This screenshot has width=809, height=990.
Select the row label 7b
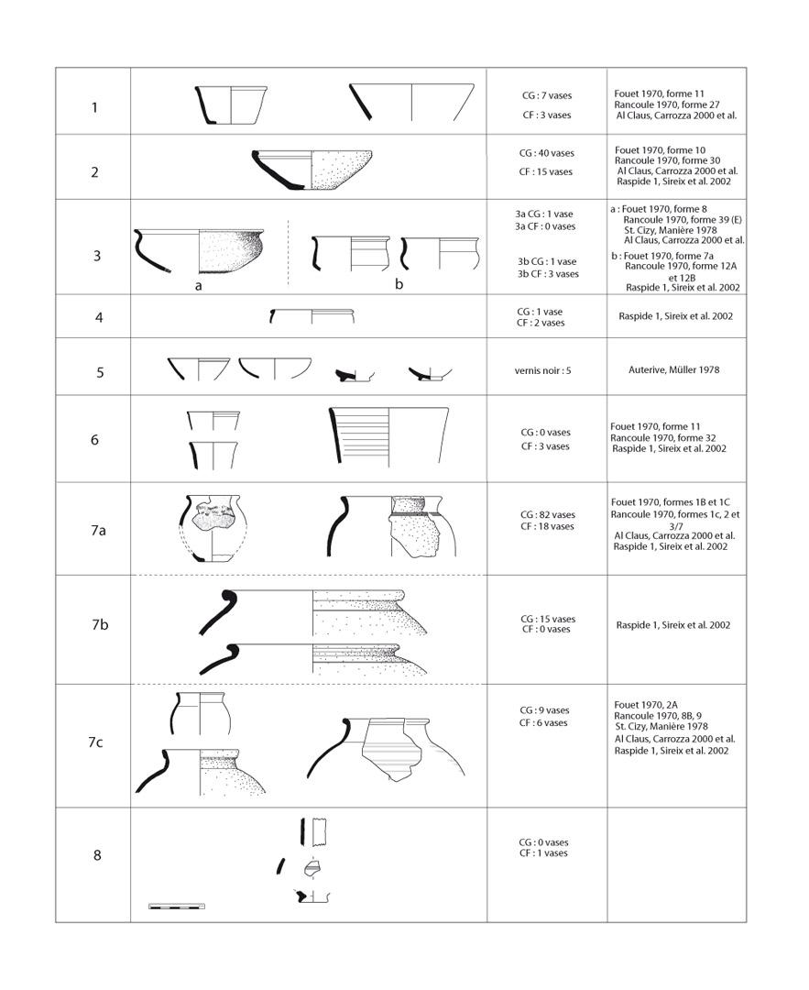100,625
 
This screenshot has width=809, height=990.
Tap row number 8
96,856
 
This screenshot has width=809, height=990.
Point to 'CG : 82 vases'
546,515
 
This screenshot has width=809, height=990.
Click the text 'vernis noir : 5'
546,371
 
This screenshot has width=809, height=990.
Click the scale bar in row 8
176,907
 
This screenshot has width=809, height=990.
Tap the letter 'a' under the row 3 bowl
198,285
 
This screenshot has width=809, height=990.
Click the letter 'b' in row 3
399,284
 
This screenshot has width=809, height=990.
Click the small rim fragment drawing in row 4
312,317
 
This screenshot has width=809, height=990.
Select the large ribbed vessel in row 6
389,435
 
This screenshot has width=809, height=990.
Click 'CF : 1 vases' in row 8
544,853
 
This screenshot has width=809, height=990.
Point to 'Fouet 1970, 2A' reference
647,704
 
